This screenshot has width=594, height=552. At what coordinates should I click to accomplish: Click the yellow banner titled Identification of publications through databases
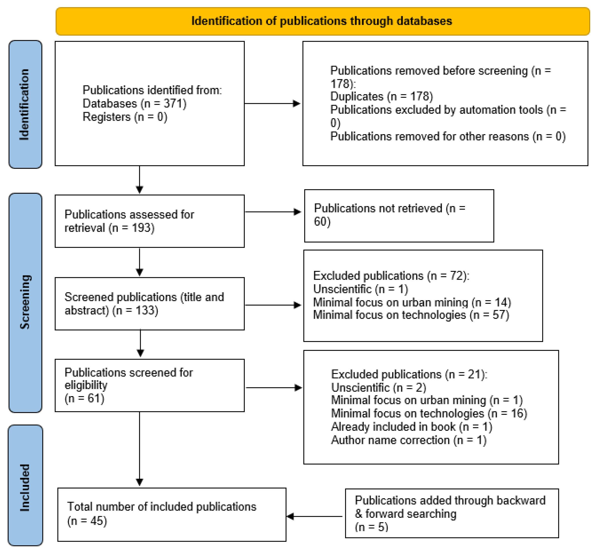point(322,21)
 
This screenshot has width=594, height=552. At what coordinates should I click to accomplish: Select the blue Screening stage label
point(25,303)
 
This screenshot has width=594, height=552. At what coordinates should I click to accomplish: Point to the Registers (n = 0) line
point(125,117)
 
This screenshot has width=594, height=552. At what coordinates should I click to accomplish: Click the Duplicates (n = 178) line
point(381,97)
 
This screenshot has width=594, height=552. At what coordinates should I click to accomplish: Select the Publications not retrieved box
point(399,216)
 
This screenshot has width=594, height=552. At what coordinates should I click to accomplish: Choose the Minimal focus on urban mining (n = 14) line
point(412,302)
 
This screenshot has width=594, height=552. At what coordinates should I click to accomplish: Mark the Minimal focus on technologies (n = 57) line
point(411,315)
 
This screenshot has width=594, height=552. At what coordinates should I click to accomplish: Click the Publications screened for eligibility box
point(150,385)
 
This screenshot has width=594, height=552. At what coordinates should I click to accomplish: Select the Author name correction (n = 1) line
point(409,440)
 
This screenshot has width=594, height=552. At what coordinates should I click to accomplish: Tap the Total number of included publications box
point(172,515)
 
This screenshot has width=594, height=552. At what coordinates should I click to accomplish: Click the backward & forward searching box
point(452,513)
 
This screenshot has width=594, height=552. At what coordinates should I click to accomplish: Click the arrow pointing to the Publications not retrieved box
point(273,212)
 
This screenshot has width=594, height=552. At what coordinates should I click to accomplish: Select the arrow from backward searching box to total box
point(314,516)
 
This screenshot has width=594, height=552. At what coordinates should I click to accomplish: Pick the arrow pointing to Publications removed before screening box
point(272,103)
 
